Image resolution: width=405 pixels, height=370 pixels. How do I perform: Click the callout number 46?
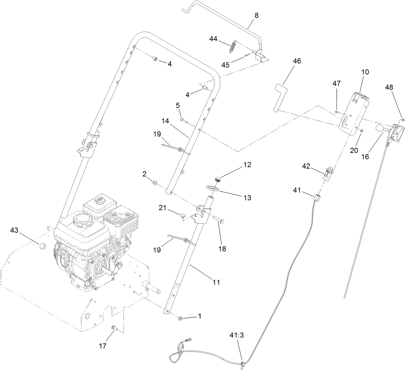(297, 61)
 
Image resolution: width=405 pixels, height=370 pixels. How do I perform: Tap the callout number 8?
(256, 15)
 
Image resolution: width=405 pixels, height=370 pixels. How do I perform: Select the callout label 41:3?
(237, 335)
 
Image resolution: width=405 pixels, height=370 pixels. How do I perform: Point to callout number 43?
(14, 230)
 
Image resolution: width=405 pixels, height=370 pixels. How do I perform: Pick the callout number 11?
(216, 282)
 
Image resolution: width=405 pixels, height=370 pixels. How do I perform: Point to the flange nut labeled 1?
(180, 318)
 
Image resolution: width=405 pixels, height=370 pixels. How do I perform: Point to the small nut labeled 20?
(362, 131)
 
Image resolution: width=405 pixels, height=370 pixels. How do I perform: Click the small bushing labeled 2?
(155, 183)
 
